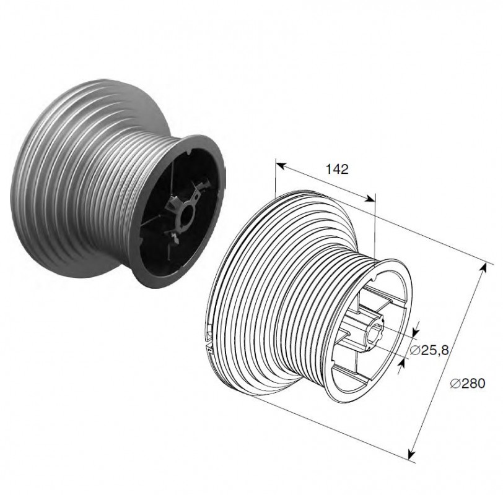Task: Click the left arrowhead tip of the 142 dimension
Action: (276, 163)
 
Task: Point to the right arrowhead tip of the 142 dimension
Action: (375, 201)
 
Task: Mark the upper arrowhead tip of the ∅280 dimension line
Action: (486, 264)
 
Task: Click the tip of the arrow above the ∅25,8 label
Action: (417, 334)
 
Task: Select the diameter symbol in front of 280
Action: (455, 384)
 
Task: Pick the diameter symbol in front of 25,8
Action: (415, 351)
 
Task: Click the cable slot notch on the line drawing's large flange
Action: (209, 341)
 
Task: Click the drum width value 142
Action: (337, 169)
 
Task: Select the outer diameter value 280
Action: (473, 384)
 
